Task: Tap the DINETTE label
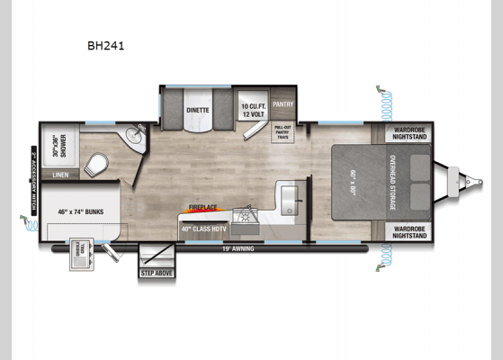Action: coord(198,110)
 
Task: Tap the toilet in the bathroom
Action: coord(97,164)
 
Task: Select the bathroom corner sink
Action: coord(135,138)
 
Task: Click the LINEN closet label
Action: coord(61,175)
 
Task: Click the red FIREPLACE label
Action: coord(202,207)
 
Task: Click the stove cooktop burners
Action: coord(245,217)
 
